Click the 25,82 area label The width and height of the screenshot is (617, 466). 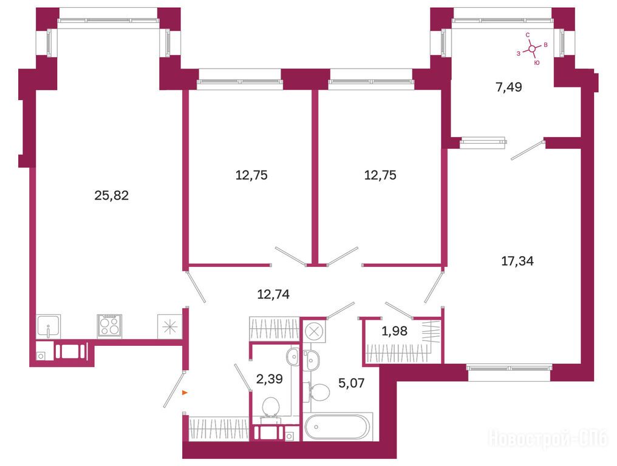(111, 195)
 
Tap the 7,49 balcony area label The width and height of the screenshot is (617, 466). (509, 87)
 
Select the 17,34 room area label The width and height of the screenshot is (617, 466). (517, 261)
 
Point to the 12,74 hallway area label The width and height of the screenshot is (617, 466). (273, 294)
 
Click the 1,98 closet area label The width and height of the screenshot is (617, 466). (394, 331)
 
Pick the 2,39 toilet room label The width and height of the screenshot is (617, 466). (269, 379)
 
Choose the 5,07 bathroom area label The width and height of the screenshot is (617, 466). (352, 382)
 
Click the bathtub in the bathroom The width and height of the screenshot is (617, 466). (338, 427)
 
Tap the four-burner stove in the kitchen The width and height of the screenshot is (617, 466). (109, 326)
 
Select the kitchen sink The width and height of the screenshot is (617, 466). (49, 326)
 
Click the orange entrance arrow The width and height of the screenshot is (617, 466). (184, 393)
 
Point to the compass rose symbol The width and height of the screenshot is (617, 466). (532, 49)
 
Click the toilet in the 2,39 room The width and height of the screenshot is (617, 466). (270, 409)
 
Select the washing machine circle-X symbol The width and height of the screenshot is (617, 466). (313, 331)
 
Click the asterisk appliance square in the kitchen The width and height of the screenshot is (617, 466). (169, 326)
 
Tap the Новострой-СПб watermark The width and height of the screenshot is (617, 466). (548, 439)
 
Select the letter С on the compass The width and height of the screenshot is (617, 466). (528, 35)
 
